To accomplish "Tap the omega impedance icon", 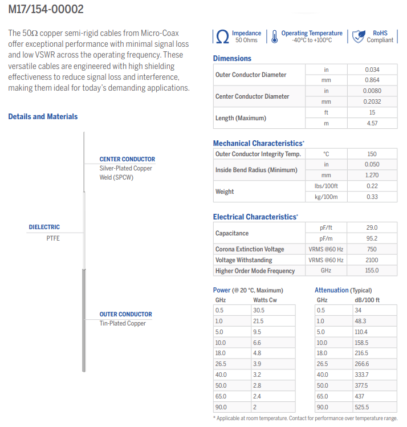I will [223, 37].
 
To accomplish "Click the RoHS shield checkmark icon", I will [358, 36].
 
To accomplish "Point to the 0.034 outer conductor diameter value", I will [372, 70].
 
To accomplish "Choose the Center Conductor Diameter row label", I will [252, 96].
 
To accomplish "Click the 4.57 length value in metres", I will [372, 123].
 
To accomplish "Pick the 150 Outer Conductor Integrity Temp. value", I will [372, 154].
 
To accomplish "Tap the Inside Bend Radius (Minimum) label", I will [257, 170].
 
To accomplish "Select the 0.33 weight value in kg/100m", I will [372, 197].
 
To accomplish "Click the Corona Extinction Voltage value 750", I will [372, 249].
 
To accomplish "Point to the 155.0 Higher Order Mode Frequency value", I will [372, 271].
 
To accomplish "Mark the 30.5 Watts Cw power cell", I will [259, 310].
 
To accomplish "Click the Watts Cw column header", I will [265, 300].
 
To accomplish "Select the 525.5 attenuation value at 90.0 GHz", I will [362, 407].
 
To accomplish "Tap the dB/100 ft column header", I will [368, 300].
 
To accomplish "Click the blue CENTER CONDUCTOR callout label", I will [127, 159].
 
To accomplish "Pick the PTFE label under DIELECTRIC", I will [53, 238].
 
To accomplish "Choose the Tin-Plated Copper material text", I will [123, 323].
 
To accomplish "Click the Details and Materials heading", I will [43, 116].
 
